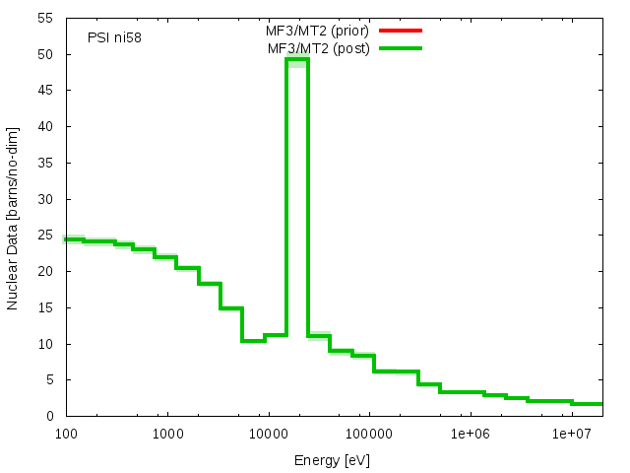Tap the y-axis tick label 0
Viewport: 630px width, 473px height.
[x=51, y=416]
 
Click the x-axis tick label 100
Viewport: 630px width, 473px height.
[x=66, y=434]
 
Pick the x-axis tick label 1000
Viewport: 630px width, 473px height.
[x=167, y=434]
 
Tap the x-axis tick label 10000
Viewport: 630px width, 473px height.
[x=268, y=434]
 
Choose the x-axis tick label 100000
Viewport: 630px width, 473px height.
[x=368, y=434]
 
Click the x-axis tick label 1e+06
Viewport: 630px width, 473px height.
[x=470, y=434]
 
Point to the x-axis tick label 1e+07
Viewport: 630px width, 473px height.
[x=571, y=434]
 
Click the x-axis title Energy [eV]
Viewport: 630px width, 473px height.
[x=332, y=459]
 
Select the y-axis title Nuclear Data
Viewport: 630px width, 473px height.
[x=13, y=217]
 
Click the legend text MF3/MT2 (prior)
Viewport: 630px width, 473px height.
[x=318, y=31]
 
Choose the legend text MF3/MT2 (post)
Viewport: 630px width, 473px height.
[x=318, y=47]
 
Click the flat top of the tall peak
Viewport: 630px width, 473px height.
[x=297, y=59]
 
